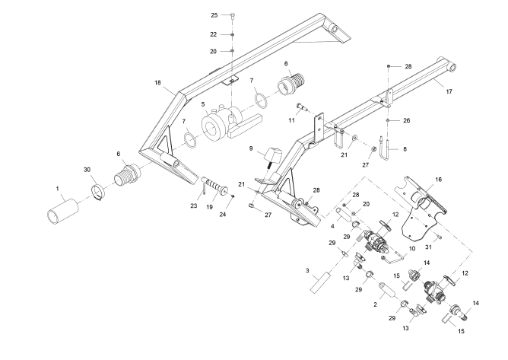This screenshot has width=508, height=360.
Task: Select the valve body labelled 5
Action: pos(217,126)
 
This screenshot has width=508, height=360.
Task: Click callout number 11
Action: pos(292,119)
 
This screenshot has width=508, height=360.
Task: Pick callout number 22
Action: pos(214,35)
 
